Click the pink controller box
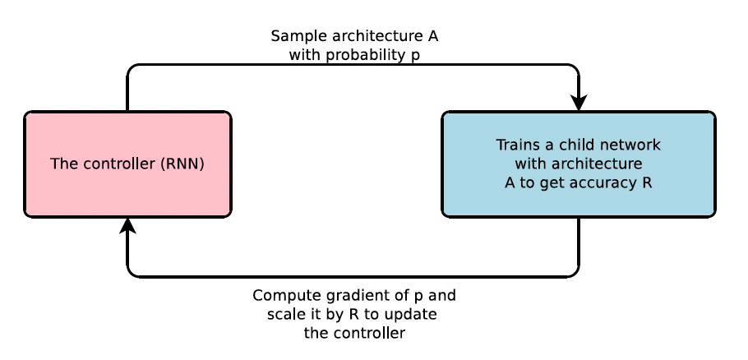pos(127,164)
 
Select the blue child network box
pos(578,164)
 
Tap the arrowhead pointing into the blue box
pos(579,103)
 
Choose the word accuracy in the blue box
pos(602,182)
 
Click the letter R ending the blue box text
pos(647,182)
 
